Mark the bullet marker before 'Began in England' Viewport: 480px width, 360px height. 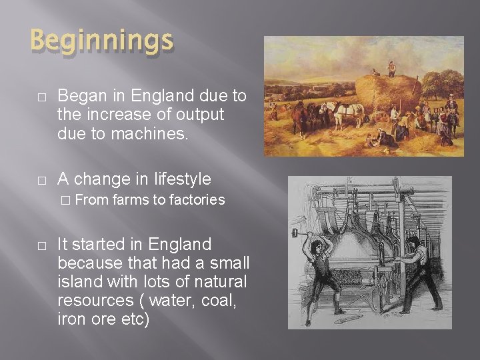pyautogui.click(x=41, y=97)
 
